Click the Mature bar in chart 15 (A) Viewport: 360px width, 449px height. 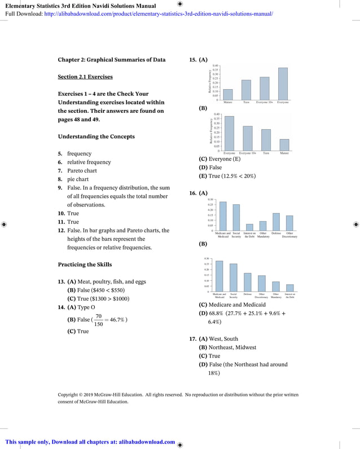228,94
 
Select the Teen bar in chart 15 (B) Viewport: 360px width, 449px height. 266,140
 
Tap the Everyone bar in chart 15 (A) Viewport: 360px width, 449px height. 283,83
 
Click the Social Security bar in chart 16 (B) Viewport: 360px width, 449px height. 234,278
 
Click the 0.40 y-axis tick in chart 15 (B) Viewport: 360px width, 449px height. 217,114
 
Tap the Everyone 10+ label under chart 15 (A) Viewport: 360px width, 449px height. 265,102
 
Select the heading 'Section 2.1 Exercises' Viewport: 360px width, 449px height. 85,77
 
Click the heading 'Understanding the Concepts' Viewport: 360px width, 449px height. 96,137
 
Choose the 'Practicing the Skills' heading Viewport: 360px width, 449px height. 85,265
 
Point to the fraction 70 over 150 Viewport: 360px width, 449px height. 99,320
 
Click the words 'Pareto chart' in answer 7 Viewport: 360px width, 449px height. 82,171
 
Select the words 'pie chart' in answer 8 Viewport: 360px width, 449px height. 78,179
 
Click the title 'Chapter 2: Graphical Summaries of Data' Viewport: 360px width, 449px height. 112,60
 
